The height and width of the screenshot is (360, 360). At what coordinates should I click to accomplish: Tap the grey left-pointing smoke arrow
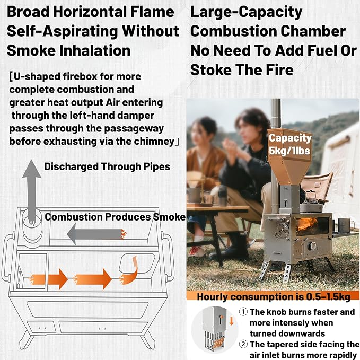96,234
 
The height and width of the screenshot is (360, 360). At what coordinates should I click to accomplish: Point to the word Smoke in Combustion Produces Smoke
169,217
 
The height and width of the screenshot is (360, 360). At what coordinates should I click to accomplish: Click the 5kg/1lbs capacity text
289,151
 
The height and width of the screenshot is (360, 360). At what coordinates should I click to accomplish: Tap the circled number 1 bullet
243,312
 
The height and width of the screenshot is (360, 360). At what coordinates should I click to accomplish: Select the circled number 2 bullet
243,344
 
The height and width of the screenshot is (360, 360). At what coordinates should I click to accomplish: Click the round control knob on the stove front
312,246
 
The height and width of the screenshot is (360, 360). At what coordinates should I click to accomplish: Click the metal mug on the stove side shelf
345,225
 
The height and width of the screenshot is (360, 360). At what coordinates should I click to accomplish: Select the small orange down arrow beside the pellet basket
231,321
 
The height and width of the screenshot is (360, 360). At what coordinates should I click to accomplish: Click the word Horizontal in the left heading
90,12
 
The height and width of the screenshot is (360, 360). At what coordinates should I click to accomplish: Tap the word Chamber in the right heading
313,31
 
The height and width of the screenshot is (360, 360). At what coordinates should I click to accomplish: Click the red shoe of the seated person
196,251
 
